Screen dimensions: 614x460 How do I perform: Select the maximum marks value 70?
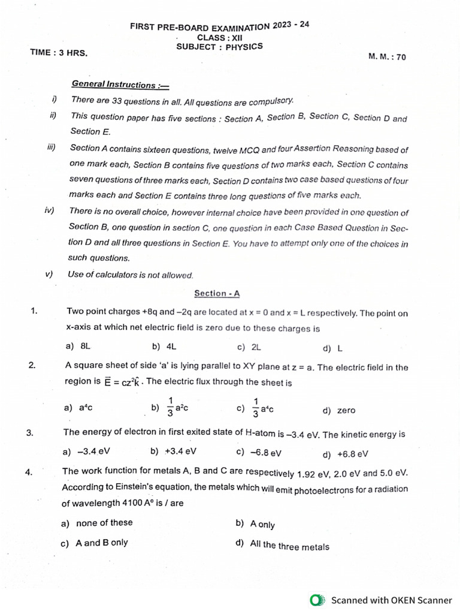pyautogui.click(x=401, y=57)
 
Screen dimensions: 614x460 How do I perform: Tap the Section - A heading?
pyautogui.click(x=217, y=293)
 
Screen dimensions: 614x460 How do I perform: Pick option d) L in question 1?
pyautogui.click(x=332, y=348)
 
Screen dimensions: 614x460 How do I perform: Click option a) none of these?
pyautogui.click(x=97, y=523)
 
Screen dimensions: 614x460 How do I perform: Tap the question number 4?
pyautogui.click(x=28, y=472)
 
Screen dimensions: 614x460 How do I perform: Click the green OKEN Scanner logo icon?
pyautogui.click(x=317, y=600)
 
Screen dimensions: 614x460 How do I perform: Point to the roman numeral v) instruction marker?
pyautogui.click(x=49, y=274)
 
